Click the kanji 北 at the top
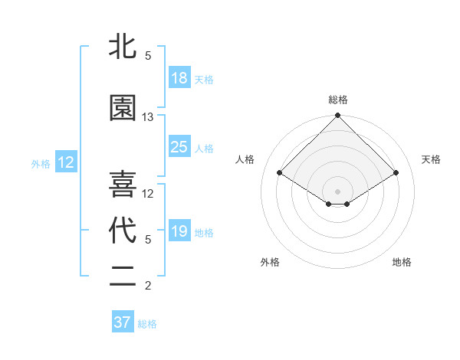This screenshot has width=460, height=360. (123, 48)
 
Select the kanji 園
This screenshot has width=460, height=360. (123, 108)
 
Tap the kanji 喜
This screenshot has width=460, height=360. (123, 185)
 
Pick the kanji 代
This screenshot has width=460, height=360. (123, 231)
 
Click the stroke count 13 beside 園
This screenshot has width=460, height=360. (148, 117)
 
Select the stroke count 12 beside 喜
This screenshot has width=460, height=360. (148, 194)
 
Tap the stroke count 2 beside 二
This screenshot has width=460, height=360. (148, 286)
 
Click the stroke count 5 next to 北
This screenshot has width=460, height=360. (148, 56)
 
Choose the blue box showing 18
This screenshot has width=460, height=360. (179, 78)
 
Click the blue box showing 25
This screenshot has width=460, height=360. (179, 147)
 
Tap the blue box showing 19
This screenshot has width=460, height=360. (179, 231)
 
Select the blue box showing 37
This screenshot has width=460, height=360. (122, 322)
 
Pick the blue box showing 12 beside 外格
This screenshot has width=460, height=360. (65, 162)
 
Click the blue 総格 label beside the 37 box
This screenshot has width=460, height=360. (147, 324)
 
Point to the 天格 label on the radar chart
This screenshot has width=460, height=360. (431, 159)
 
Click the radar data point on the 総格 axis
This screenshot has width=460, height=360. (337, 116)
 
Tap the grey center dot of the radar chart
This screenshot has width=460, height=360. (337, 190)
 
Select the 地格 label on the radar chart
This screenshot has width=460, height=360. (402, 263)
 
